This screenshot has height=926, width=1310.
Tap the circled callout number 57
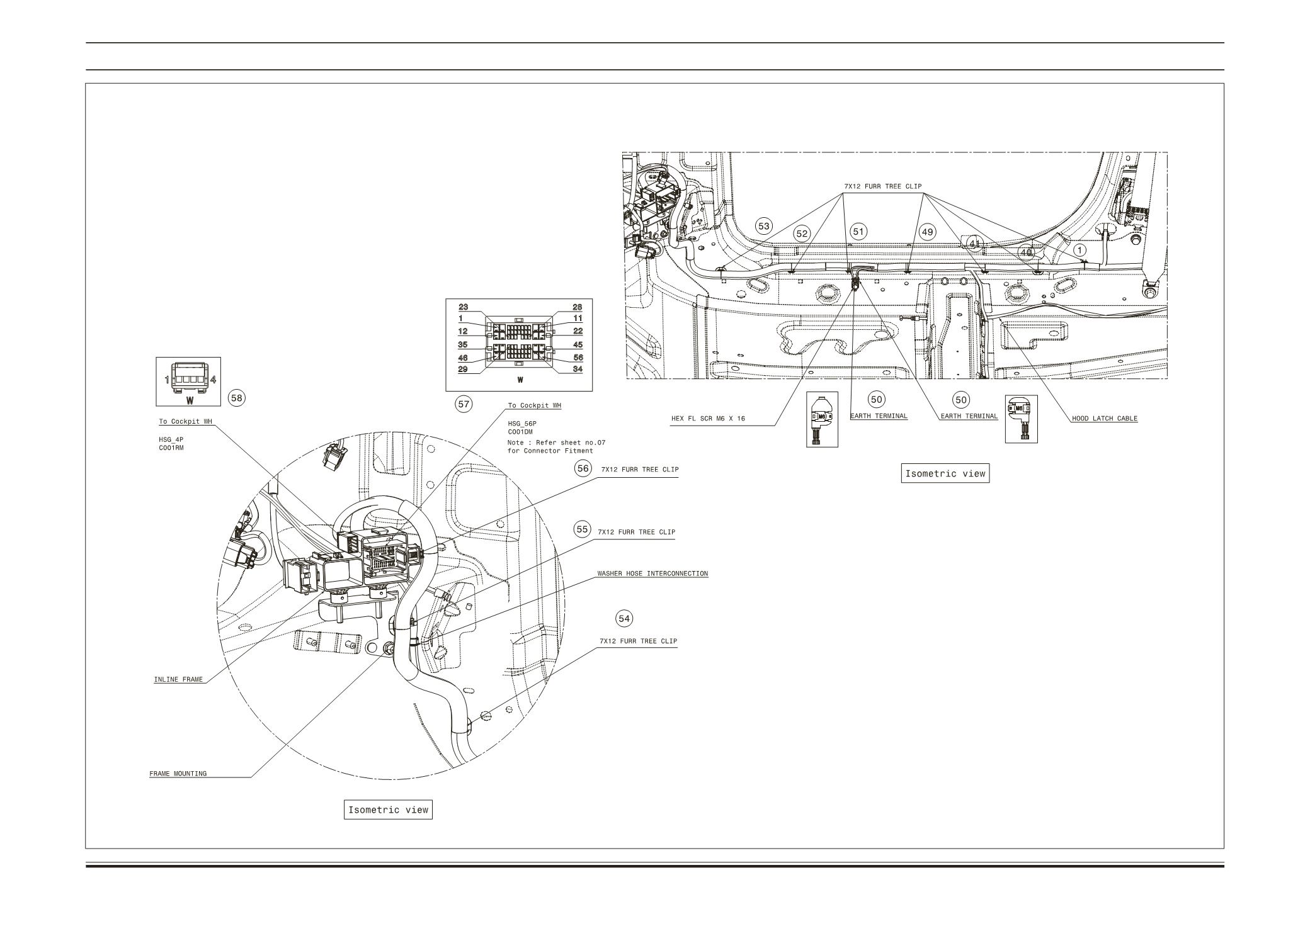click(464, 404)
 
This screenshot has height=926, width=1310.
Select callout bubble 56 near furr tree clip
click(583, 468)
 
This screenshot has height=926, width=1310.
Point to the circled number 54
click(624, 619)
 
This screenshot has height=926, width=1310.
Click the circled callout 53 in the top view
click(764, 226)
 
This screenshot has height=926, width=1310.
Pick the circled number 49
click(928, 232)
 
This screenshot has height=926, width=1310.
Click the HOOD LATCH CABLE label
click(1105, 418)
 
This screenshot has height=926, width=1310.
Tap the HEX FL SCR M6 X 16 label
click(708, 418)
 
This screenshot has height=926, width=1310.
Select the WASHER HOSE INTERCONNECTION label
click(652, 573)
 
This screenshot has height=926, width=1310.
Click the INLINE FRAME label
click(178, 679)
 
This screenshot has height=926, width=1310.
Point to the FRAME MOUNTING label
click(178, 773)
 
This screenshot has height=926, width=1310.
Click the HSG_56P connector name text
click(522, 424)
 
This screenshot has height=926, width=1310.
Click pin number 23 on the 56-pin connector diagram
click(463, 307)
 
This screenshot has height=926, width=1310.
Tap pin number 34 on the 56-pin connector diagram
click(578, 369)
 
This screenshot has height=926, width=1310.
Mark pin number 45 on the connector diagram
click(578, 345)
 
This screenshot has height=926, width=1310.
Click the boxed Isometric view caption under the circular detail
click(389, 810)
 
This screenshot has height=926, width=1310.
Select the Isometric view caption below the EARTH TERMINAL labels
click(945, 473)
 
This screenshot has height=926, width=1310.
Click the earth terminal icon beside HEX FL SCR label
click(822, 420)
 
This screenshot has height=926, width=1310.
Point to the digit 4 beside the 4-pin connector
click(213, 380)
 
